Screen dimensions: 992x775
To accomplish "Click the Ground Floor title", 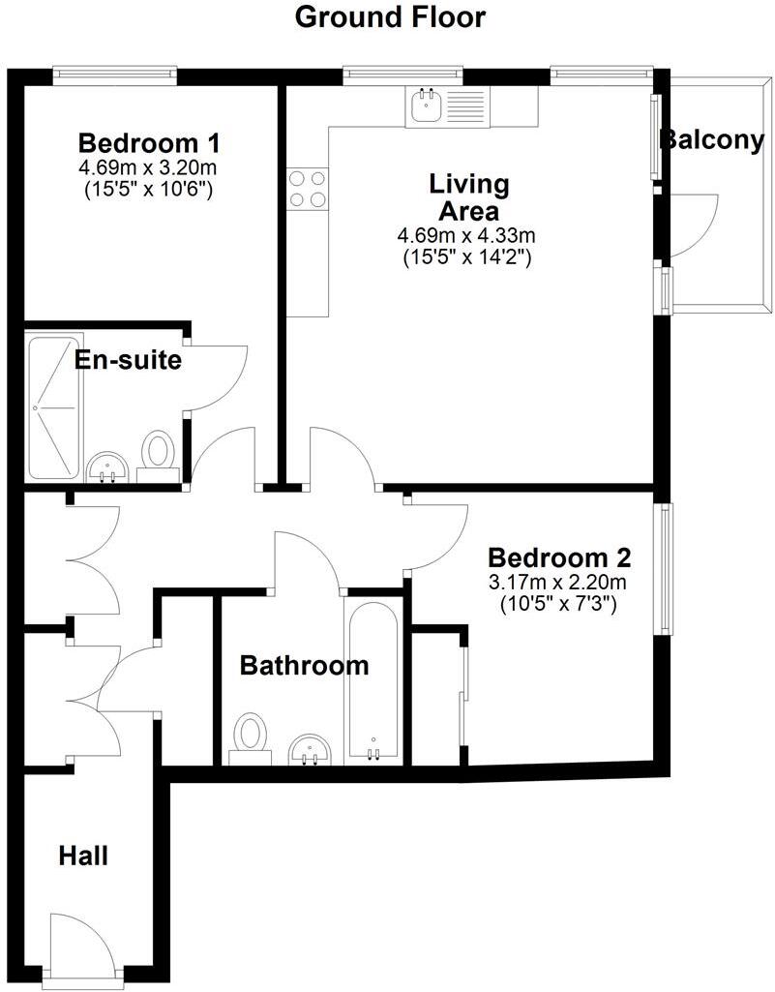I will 389,16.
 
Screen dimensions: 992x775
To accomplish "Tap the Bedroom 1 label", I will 149,143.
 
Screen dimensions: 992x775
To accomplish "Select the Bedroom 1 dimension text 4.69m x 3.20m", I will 148,167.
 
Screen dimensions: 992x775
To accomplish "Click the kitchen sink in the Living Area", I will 425,105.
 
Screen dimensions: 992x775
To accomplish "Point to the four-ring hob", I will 307,188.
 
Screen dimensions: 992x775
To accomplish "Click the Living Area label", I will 469,196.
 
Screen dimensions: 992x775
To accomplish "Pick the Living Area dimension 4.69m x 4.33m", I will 466,235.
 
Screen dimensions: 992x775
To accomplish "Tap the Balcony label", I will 711,140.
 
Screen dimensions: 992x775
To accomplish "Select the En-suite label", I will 128,360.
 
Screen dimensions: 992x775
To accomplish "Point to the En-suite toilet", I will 157,456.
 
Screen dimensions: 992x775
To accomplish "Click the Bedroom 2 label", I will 559,558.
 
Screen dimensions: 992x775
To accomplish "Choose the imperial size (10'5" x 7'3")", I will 558,605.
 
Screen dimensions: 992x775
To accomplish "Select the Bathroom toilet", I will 250,738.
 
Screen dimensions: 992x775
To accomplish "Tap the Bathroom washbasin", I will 312,749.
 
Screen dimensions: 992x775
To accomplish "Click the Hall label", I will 83,856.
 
